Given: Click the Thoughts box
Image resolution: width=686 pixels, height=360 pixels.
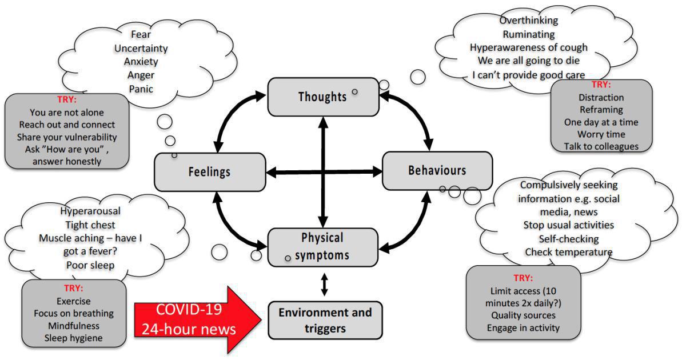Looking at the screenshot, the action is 323,97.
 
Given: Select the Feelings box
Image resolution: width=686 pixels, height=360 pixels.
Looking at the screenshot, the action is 209,171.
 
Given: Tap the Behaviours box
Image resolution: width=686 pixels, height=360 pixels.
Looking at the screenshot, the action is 437,170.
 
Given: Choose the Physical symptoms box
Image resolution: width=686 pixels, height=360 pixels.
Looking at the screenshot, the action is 322,246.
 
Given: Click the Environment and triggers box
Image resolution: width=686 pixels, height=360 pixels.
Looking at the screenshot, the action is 325,319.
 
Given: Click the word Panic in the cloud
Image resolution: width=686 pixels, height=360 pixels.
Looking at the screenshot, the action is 141,89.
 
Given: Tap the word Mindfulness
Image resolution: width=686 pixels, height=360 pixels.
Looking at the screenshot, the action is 74,326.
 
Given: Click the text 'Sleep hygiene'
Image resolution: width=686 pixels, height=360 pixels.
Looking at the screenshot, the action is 74,338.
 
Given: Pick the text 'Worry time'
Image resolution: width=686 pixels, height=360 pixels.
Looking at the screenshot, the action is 601,134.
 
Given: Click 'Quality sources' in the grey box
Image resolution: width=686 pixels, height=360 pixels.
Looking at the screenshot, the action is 523,315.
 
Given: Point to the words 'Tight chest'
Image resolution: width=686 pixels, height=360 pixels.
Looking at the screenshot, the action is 90,225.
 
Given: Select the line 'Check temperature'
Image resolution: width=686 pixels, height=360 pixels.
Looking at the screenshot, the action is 568,252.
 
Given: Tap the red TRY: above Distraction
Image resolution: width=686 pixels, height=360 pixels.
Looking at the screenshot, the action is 601,85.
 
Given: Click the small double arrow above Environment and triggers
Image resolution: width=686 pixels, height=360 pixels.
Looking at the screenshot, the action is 324,283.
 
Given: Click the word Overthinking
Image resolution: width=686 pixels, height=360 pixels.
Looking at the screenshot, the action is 529,20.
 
